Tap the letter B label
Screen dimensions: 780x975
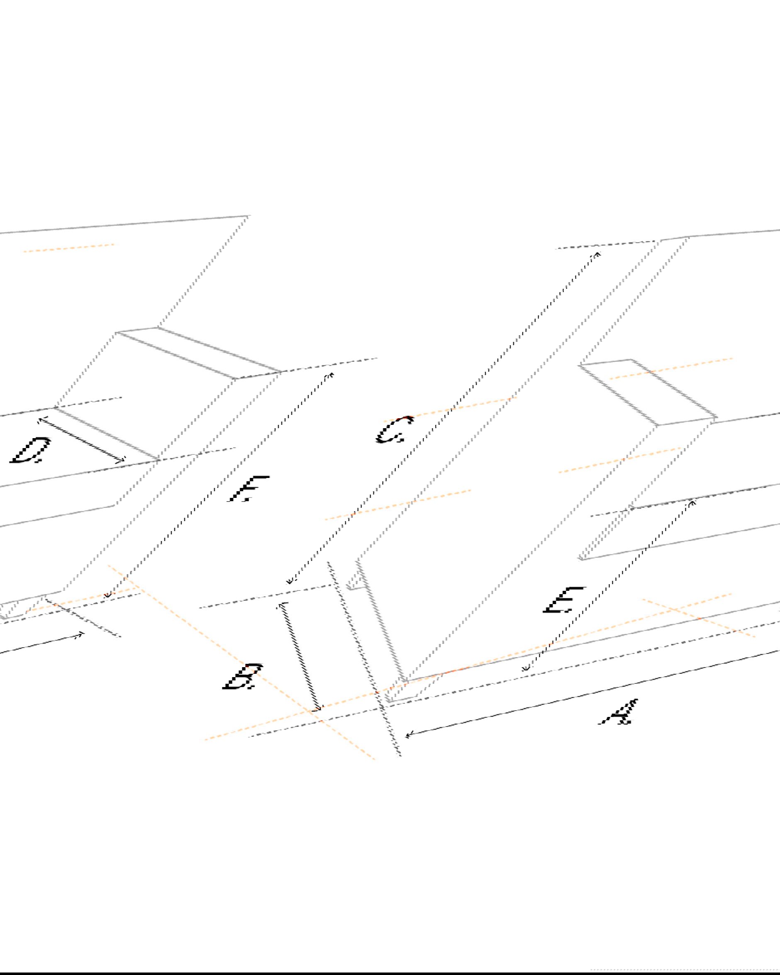click(243, 677)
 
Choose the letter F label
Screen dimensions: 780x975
click(249, 489)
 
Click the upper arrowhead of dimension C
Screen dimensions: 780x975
click(598, 255)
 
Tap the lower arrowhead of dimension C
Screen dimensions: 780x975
click(291, 581)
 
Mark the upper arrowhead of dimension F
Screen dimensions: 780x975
click(331, 375)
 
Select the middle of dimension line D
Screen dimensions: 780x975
click(81, 440)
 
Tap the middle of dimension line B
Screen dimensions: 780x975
click(300, 657)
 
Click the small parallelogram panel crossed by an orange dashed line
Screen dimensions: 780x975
click(648, 392)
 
